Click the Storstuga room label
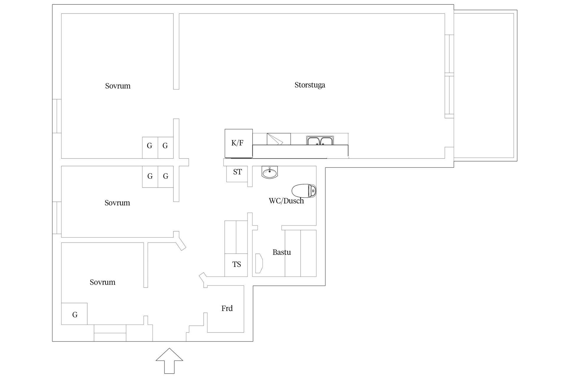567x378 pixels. [x=310, y=85]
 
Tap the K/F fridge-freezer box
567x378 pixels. [x=238, y=143]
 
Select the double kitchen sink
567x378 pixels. [x=320, y=141]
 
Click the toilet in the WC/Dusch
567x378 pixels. [x=304, y=191]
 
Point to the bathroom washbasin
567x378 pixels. [x=270, y=172]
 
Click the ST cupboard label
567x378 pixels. [x=237, y=172]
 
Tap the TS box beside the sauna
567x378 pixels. [x=236, y=265]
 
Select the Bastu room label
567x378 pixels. [x=281, y=252]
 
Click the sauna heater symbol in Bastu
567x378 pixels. [x=259, y=263]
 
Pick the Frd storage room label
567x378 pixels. [x=227, y=309]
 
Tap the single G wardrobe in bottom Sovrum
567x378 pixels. [x=74, y=314]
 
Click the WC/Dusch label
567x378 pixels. [x=286, y=201]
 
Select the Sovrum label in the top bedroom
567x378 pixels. [x=118, y=86]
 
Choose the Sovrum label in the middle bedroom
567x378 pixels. [x=117, y=203]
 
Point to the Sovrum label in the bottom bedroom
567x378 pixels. [x=102, y=282]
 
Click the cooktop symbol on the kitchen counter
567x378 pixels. [x=278, y=139]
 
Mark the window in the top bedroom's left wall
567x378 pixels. [x=57, y=116]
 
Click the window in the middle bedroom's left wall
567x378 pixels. [x=57, y=218]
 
